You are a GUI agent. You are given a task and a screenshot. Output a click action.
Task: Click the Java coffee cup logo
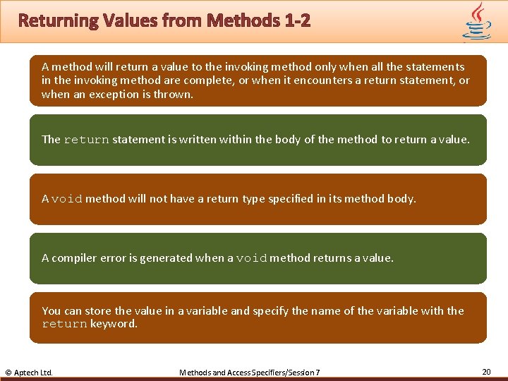[476, 21]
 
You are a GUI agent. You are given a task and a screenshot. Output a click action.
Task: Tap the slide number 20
[486, 371]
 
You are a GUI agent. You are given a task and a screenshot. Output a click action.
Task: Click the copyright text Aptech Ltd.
[29, 372]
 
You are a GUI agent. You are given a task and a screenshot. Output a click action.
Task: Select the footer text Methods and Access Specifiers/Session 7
[250, 372]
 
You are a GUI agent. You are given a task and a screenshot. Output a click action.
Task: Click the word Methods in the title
[236, 20]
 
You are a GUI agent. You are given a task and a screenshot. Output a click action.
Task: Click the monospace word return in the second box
[86, 140]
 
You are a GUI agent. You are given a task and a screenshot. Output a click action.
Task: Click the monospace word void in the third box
[67, 199]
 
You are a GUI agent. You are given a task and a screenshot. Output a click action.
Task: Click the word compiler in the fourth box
[78, 258]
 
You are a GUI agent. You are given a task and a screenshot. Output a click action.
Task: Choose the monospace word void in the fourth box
[251, 258]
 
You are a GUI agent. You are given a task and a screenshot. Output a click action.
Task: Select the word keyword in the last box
[114, 324]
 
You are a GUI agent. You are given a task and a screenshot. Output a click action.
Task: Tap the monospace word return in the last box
[64, 325]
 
